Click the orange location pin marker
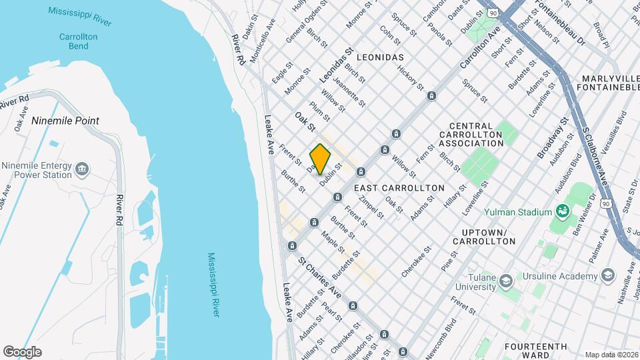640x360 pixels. pyautogui.click(x=321, y=159)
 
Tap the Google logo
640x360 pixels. pyautogui.click(x=22, y=352)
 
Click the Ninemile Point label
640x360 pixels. pyautogui.click(x=65, y=121)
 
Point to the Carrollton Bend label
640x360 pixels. pyautogui.click(x=78, y=41)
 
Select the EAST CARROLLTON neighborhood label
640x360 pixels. pyautogui.click(x=399, y=188)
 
